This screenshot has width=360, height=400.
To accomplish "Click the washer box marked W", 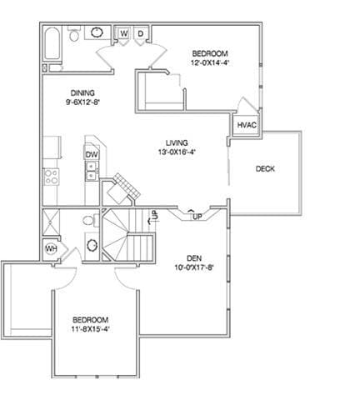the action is pos(124,33).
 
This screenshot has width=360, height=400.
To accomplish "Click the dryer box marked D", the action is pos(141,33).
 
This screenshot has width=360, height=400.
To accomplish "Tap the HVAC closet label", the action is pos(247,125).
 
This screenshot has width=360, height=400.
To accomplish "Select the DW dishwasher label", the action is pos(92,155).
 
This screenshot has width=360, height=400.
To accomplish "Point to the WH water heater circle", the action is pos(51,248).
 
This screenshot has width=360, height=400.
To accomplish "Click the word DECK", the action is pos(265,168).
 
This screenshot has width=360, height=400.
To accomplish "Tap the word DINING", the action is pos(82,92).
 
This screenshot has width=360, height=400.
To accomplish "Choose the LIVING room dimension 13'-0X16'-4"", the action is pos(177,152).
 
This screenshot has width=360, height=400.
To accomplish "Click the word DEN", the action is pos(194,258).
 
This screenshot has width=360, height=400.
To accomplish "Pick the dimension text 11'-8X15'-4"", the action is pos(91,329).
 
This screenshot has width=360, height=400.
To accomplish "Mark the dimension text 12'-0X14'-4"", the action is pos(210,62).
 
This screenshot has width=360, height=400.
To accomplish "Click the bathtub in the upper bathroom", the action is pos(52,43).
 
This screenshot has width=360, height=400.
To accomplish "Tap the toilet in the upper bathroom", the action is pos(73,34).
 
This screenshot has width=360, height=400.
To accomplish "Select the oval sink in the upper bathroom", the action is pos(97,32).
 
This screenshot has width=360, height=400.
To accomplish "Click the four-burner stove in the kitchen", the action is pos(52,177).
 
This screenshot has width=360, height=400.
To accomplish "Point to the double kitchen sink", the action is pos(92,171).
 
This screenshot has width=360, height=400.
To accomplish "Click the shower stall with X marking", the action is pos(51,222).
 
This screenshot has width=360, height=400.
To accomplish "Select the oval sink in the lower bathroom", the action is pos(92,246).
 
